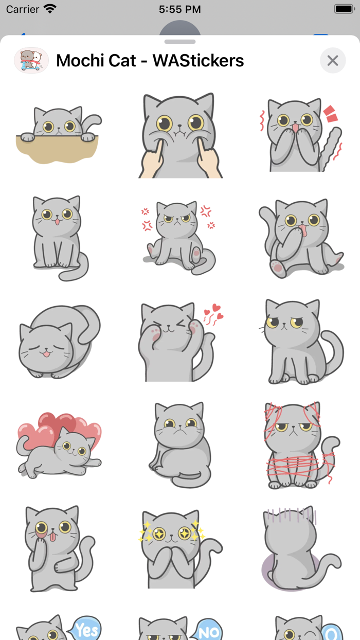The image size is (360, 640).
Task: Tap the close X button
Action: tap(333, 61)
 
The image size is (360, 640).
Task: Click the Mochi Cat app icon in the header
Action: tap(31, 61)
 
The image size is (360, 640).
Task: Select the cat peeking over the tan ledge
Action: tap(58, 134)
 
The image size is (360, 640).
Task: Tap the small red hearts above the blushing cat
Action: tap(213, 313)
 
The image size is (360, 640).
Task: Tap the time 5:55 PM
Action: tap(179, 9)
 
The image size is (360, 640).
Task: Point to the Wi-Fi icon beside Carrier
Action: tap(50, 9)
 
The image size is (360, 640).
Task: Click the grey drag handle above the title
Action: tap(180, 42)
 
